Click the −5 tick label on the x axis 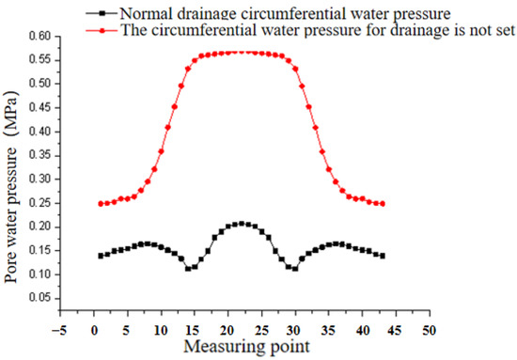[60, 330]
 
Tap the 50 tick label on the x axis [429, 330]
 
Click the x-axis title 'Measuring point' [244, 347]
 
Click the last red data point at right [383, 203]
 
